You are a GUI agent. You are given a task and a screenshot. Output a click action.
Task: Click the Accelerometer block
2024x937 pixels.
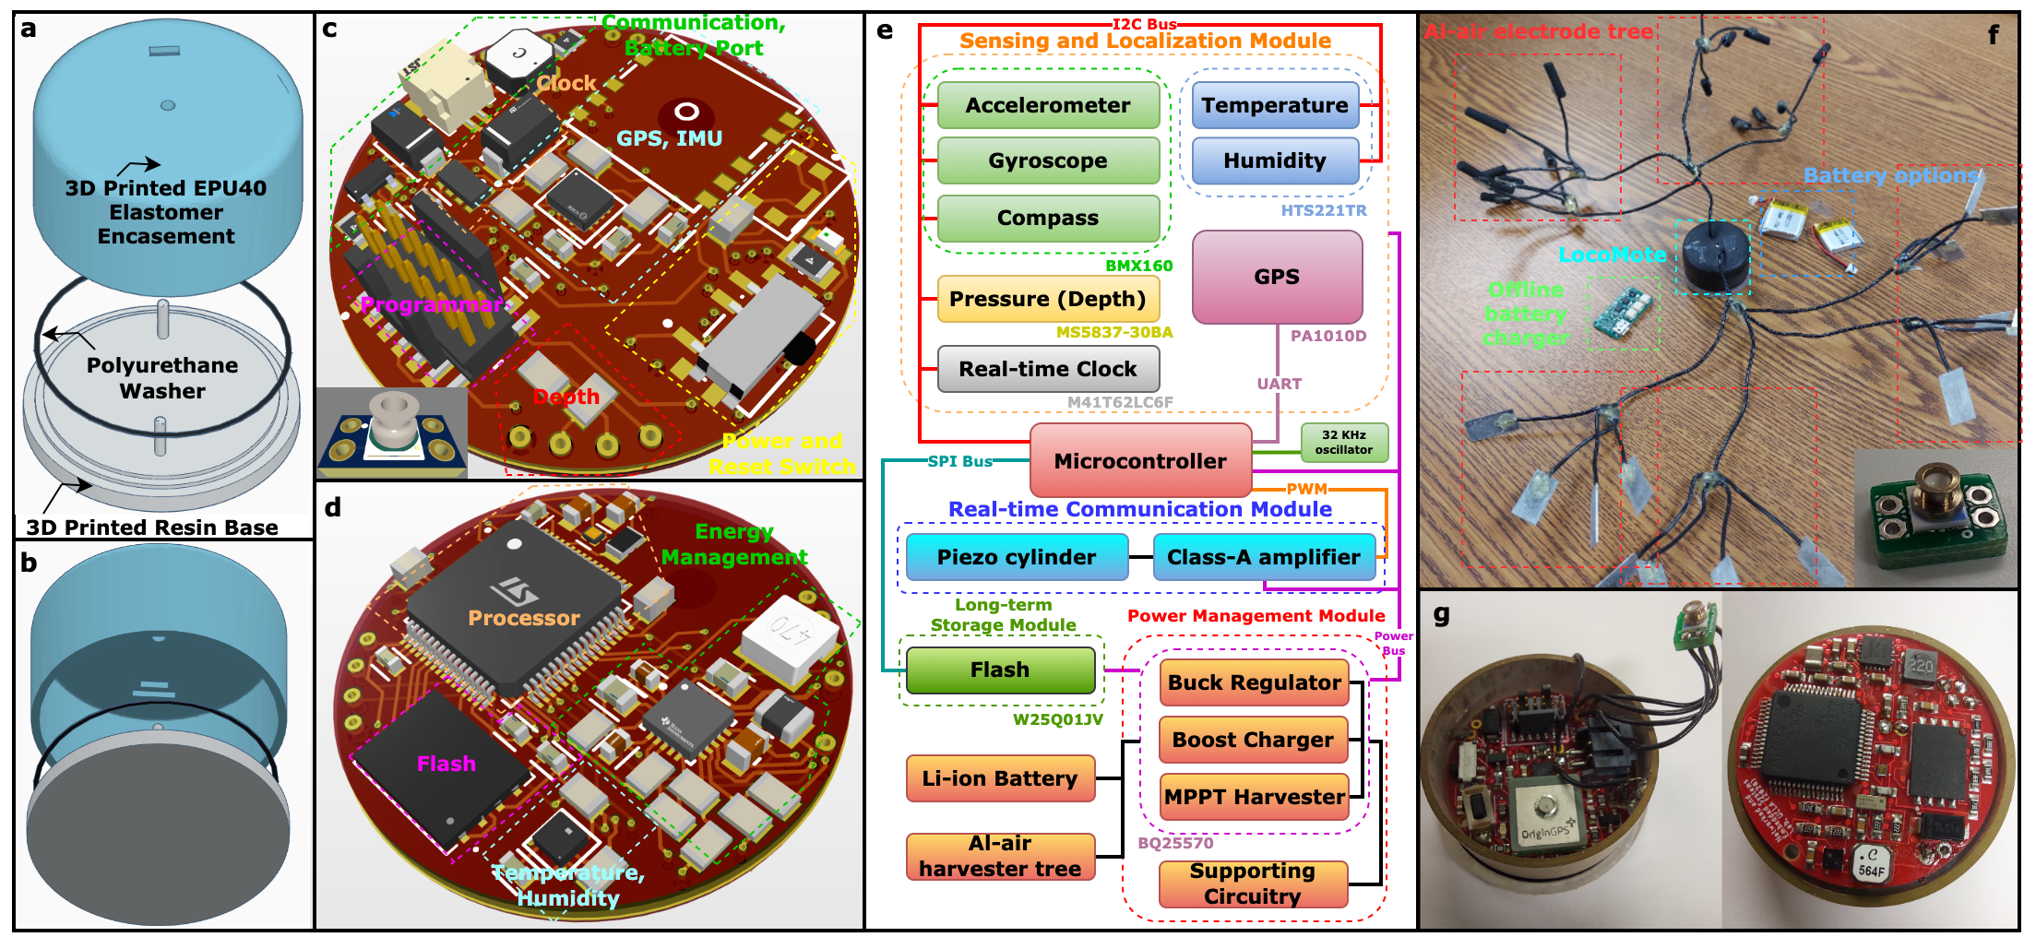[x=1048, y=105]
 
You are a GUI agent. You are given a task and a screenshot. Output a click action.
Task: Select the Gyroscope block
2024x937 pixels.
[x=1048, y=160]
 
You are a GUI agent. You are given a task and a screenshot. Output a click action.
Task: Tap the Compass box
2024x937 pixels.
[x=1048, y=218]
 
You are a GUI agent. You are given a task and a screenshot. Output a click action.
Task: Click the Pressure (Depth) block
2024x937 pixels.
[x=1048, y=299]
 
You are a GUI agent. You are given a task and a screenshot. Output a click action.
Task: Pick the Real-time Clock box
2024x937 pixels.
[x=1048, y=369]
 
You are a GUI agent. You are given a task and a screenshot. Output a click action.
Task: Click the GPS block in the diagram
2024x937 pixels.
[x=1277, y=277]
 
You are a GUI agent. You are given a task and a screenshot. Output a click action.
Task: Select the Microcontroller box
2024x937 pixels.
[x=1140, y=460]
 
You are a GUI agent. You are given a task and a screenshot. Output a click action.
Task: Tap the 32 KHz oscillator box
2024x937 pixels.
[x=1344, y=442]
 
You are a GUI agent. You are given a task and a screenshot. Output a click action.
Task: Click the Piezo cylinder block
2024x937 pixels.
[x=1017, y=557]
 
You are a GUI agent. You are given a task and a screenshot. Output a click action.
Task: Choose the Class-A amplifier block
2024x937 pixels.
[x=1263, y=557]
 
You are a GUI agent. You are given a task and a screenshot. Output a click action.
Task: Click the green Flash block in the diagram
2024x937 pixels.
[x=1000, y=670]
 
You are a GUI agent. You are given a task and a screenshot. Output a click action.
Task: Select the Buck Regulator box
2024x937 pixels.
[x=1254, y=682]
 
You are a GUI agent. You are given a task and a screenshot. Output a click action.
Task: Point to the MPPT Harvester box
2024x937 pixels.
[x=1254, y=797]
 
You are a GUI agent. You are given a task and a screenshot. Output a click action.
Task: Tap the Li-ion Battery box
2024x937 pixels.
[x=1000, y=778]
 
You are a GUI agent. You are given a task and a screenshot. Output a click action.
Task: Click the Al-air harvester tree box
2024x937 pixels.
[x=1000, y=856]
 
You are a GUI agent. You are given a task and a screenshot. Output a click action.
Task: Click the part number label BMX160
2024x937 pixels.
[x=1139, y=266]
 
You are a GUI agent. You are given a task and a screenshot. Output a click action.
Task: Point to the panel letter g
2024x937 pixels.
[x=1442, y=613]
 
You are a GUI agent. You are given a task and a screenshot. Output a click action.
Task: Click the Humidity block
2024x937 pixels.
[x=1275, y=160]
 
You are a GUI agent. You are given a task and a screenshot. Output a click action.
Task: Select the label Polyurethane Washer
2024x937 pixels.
[x=162, y=378]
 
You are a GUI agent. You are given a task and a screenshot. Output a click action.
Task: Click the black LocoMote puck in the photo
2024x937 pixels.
[x=1715, y=255]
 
